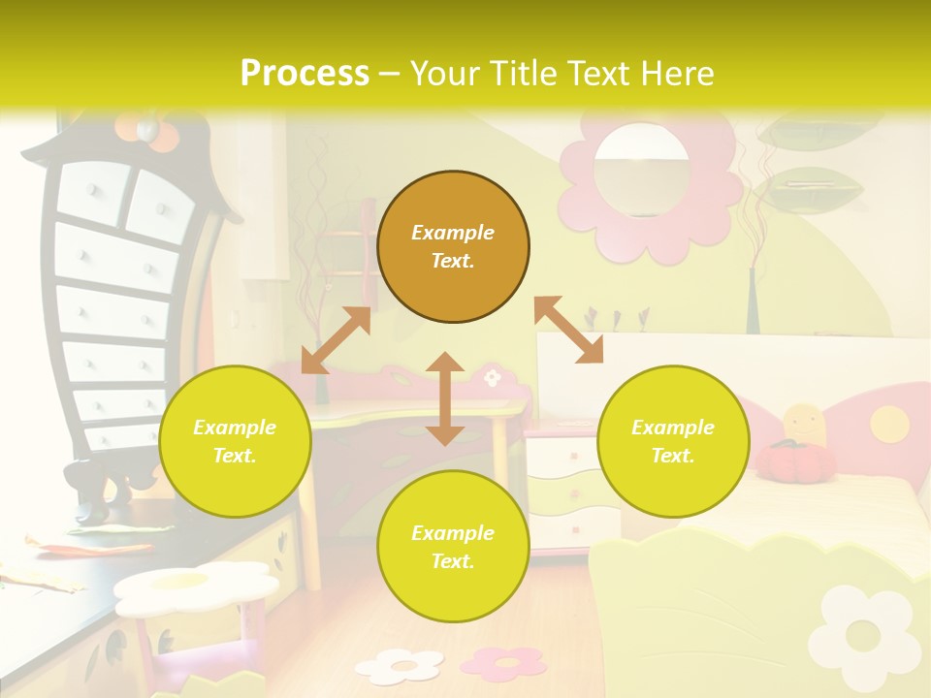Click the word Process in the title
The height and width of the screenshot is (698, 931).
[x=305, y=74]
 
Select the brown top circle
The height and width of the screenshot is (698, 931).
[x=453, y=246]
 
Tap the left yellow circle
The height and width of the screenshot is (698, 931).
[x=235, y=441]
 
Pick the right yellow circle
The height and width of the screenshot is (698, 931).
[x=673, y=441]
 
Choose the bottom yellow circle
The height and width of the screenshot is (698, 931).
[x=453, y=547]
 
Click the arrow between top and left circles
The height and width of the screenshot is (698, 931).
[x=336, y=340]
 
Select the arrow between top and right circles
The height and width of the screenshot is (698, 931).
[x=568, y=330]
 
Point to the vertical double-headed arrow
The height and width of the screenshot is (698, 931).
[x=445, y=398]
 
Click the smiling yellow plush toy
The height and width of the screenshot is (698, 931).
[x=804, y=424]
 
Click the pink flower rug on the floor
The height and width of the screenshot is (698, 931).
[x=503, y=662]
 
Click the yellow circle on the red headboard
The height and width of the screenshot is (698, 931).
[x=888, y=424]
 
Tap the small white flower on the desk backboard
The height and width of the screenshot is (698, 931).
[x=493, y=376]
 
